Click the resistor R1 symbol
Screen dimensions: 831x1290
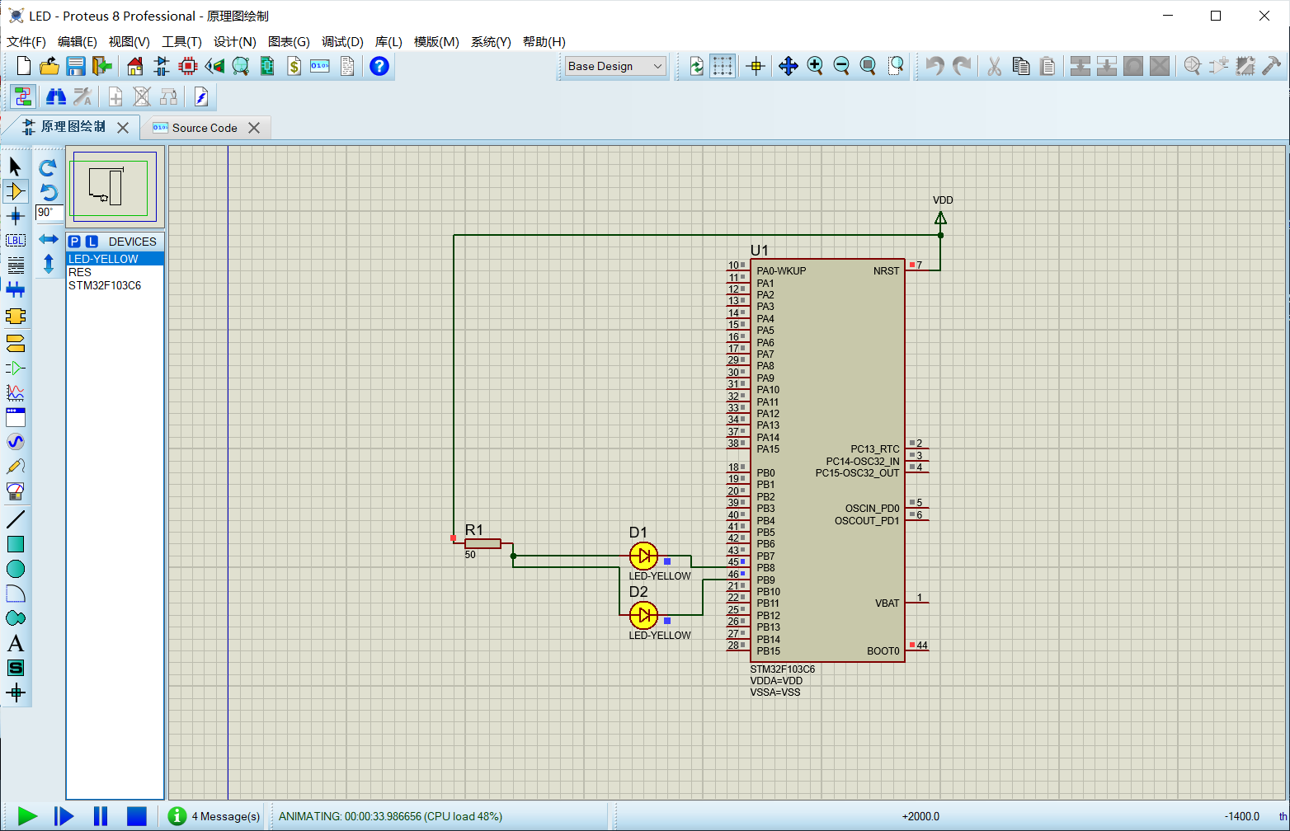click(x=483, y=543)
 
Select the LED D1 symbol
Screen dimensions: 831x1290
click(x=643, y=556)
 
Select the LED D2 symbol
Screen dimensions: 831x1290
click(x=643, y=615)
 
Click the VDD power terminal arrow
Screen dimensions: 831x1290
click(x=940, y=218)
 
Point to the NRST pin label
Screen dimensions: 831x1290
click(x=886, y=271)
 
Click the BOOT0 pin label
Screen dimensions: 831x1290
click(x=883, y=651)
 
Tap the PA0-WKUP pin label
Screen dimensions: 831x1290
click(x=781, y=271)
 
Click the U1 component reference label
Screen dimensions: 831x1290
click(x=759, y=251)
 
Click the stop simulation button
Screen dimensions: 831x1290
click(x=136, y=816)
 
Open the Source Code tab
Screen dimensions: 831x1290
click(x=204, y=128)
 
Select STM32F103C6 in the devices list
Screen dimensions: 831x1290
click(x=105, y=285)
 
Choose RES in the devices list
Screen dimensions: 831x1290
click(x=80, y=272)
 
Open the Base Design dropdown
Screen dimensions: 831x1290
click(x=615, y=66)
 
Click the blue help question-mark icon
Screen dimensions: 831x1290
click(x=379, y=66)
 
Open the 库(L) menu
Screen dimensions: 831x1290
click(x=388, y=41)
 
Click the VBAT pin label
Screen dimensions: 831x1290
click(x=887, y=603)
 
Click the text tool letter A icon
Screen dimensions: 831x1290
click(x=16, y=643)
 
